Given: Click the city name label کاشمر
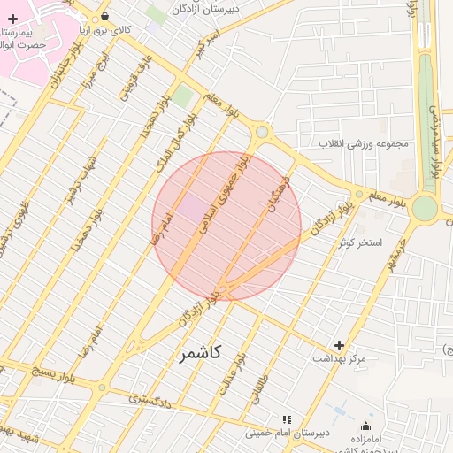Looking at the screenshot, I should [202, 354].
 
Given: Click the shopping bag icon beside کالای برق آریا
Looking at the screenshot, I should [105, 16].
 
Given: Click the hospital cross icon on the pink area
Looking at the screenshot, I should [12, 19].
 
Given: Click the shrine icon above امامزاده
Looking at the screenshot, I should [366, 426].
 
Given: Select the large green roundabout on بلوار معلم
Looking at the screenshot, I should [425, 209].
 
